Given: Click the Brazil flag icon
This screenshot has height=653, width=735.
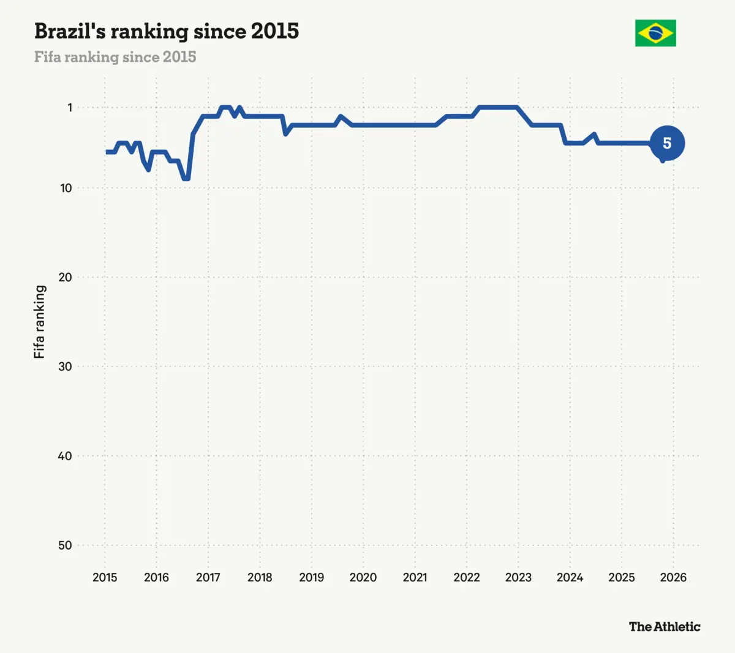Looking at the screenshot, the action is pyautogui.click(x=655, y=33).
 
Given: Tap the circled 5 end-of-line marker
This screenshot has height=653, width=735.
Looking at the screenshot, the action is pyautogui.click(x=667, y=143).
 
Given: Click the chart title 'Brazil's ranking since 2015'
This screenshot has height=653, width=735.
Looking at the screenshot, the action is pyautogui.click(x=167, y=31).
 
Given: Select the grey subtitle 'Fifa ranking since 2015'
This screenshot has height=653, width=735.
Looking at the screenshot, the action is pyautogui.click(x=115, y=57).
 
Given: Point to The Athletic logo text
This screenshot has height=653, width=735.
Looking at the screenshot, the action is pyautogui.click(x=665, y=627).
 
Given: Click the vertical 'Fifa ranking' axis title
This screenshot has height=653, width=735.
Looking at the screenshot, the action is pyautogui.click(x=39, y=322).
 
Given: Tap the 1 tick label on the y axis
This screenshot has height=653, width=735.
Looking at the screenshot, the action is pyautogui.click(x=70, y=107).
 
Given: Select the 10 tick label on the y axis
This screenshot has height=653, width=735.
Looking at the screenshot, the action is pyautogui.click(x=66, y=188).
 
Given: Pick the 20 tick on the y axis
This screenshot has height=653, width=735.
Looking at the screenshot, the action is pyautogui.click(x=66, y=277).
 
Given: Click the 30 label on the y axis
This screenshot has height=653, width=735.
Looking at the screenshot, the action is pyautogui.click(x=66, y=367).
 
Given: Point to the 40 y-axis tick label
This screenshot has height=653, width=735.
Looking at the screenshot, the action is pyautogui.click(x=66, y=456).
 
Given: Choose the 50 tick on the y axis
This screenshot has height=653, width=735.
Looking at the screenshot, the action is pyautogui.click(x=66, y=545).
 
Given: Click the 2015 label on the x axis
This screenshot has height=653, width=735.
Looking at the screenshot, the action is pyautogui.click(x=105, y=577).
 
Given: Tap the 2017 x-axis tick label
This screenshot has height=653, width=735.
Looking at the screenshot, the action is pyautogui.click(x=208, y=577).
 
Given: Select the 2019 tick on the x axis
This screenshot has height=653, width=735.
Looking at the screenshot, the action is pyautogui.click(x=312, y=577).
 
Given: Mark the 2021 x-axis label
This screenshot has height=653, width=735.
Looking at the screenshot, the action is pyautogui.click(x=415, y=577).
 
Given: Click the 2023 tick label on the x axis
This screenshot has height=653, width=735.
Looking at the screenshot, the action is pyautogui.click(x=518, y=577).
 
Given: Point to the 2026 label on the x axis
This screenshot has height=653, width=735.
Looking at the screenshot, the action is pyautogui.click(x=673, y=577).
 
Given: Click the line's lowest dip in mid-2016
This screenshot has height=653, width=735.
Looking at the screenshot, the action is pyautogui.click(x=186, y=179).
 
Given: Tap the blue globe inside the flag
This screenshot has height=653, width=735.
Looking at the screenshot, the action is pyautogui.click(x=655, y=33).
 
